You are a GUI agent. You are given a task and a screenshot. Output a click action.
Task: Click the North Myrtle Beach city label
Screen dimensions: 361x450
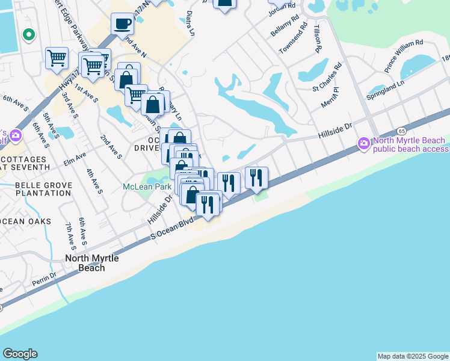pyautogui.click(x=92, y=263)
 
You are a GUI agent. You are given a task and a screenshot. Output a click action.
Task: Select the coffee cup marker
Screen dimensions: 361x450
pyautogui.click(x=123, y=25)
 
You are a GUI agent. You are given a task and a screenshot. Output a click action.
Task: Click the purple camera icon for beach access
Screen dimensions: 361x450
pyautogui.click(x=363, y=144)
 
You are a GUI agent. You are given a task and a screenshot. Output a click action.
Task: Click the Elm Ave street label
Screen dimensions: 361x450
pyautogui.click(x=75, y=158)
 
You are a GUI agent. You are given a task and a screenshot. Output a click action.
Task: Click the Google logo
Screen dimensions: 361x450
pyautogui.click(x=20, y=354)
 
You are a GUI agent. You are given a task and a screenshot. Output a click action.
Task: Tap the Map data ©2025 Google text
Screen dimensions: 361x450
pyautogui.click(x=413, y=356)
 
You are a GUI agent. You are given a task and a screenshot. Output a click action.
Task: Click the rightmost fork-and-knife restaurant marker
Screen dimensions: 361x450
pyautogui.click(x=256, y=177)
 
